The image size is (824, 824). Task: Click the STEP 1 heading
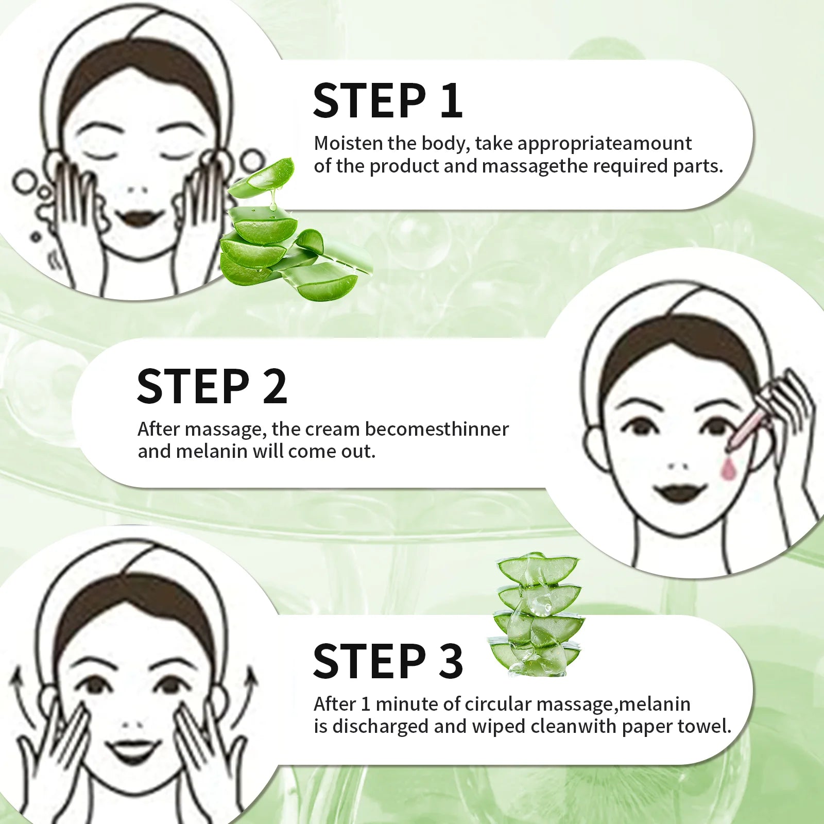[387, 100]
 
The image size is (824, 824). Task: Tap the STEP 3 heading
[387, 661]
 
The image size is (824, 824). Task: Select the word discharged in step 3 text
[380, 726]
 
